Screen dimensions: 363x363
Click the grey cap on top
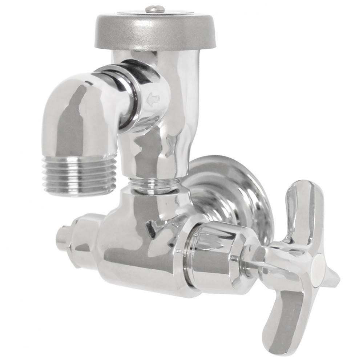tap(155, 33)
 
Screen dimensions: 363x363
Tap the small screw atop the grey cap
tap(155, 9)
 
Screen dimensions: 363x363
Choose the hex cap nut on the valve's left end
tap(84, 240)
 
